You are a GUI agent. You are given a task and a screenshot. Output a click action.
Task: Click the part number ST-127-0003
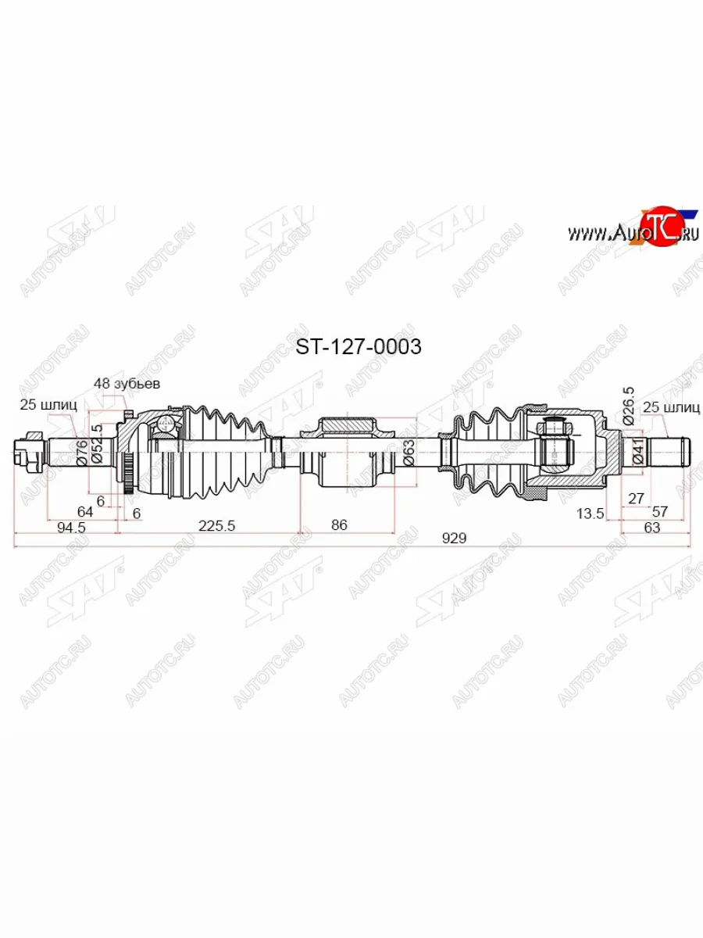(x=357, y=346)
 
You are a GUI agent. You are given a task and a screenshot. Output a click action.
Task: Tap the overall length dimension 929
(x=453, y=538)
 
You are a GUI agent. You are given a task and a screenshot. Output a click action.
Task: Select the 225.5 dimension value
(x=216, y=526)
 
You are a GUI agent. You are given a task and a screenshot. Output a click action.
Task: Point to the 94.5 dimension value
(x=71, y=527)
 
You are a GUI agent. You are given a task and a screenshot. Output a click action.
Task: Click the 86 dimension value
(x=338, y=525)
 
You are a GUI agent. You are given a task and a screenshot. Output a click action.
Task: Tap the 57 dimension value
(x=660, y=512)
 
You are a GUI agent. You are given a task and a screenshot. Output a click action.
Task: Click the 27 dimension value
(x=634, y=497)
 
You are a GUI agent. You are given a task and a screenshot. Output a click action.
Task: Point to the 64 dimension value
(x=85, y=511)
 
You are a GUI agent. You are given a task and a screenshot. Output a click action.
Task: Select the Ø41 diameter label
(x=638, y=452)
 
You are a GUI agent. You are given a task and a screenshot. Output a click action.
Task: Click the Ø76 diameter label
(x=82, y=453)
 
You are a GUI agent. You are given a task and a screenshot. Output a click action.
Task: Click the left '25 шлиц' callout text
(x=48, y=404)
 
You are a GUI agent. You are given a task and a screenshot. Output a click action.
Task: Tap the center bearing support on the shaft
(x=348, y=453)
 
